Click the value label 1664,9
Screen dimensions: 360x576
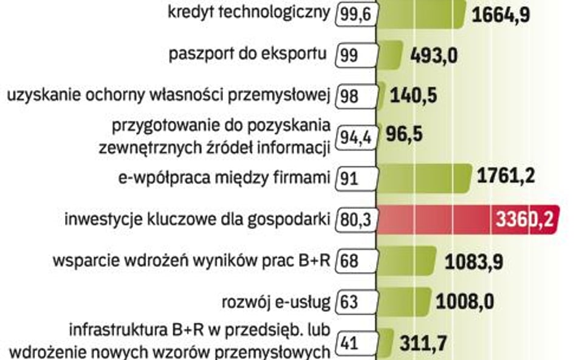point(501,14)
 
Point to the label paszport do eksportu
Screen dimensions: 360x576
point(247,55)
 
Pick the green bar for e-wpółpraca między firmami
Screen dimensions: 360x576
point(423,178)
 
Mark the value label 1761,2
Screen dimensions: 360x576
point(506,177)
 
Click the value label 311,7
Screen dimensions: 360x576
point(424,343)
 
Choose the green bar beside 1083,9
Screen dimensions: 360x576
point(406,260)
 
